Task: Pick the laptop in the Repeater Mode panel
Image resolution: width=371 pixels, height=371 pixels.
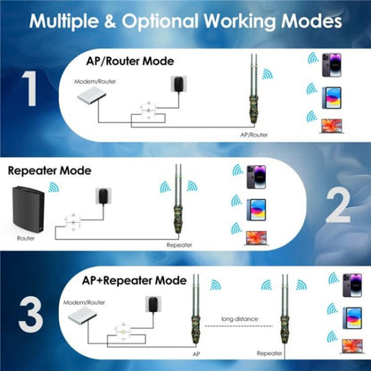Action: tap(255, 238)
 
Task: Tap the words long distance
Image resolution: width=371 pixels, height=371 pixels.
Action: tap(240, 318)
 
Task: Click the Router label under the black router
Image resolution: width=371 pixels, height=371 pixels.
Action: tap(26, 238)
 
